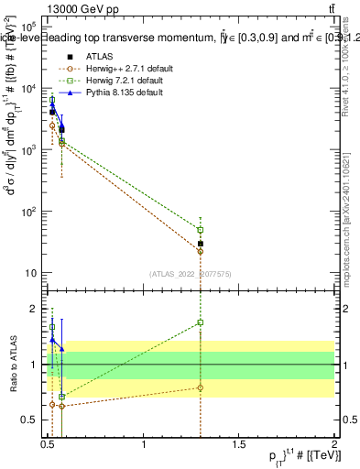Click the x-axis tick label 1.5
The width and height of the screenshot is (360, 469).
[x=239, y=446]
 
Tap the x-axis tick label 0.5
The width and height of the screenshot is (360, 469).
[x=49, y=446]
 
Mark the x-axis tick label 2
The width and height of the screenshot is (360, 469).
[x=334, y=446]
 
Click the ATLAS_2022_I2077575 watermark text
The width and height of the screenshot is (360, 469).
[x=191, y=273]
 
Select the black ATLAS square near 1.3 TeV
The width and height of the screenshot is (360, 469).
[x=200, y=244]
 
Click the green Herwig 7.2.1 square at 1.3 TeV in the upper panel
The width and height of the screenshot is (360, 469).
[x=200, y=229]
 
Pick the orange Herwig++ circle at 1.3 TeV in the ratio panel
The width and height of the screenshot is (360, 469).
[x=200, y=387]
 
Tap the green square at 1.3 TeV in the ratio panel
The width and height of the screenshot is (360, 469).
[x=200, y=322]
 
